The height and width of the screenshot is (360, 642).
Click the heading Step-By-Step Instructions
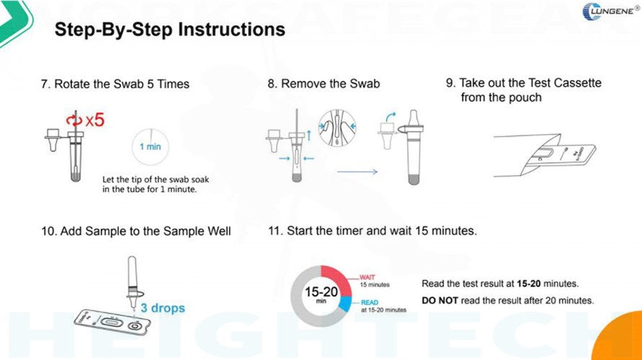[x=170, y=30]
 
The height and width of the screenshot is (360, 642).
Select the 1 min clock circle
[x=151, y=146]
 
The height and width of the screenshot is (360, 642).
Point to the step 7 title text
[x=115, y=84]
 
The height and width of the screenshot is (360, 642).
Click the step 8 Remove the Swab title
[x=324, y=84]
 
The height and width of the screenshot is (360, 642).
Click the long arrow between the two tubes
[x=357, y=172]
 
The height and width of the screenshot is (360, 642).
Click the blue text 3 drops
[x=162, y=308]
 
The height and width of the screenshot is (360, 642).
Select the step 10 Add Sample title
[x=135, y=231]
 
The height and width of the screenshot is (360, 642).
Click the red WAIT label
[x=367, y=276]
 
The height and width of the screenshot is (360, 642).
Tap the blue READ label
[x=368, y=302]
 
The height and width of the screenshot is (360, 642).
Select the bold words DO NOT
[x=440, y=300]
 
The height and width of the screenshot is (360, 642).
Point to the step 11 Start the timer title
[x=372, y=231]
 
